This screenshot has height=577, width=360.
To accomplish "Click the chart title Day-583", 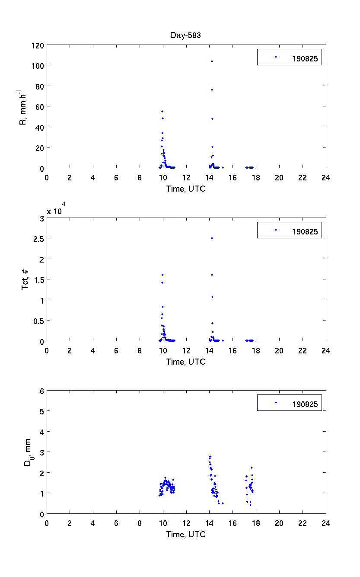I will [185, 35].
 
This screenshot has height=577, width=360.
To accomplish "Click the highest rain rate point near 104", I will [212, 61].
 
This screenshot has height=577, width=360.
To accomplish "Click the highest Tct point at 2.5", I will [212, 238].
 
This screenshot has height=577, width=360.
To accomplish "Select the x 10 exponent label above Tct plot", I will [57, 211].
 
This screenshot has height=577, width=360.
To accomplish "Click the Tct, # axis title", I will [25, 279].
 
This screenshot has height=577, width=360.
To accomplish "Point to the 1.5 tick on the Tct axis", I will [38, 279].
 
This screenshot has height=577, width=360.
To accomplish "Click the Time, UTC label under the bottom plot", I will [186, 534].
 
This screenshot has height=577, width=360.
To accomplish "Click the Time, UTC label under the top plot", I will [186, 189].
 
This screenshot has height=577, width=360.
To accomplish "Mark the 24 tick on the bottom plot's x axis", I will [325, 523].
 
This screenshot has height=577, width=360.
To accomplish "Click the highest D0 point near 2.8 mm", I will [210, 456].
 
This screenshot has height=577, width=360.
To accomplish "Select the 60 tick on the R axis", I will [39, 106].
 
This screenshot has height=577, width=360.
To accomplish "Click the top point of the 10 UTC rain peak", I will [162, 111].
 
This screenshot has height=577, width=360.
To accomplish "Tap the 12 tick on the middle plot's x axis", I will [186, 350].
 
